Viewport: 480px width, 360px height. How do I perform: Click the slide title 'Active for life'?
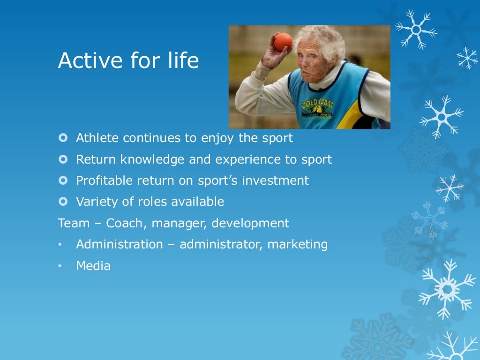click(128, 61)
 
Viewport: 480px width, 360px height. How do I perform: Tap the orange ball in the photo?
click(283, 42)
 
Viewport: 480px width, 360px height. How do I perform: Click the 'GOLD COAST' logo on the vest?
click(317, 105)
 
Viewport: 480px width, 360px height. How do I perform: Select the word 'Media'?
click(93, 266)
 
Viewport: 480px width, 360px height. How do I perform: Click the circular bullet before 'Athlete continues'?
click(63, 138)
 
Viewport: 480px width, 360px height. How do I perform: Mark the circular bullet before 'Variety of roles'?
click(63, 202)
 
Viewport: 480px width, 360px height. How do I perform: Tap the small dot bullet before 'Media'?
click(60, 266)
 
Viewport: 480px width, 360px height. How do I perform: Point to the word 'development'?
click(250, 224)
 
